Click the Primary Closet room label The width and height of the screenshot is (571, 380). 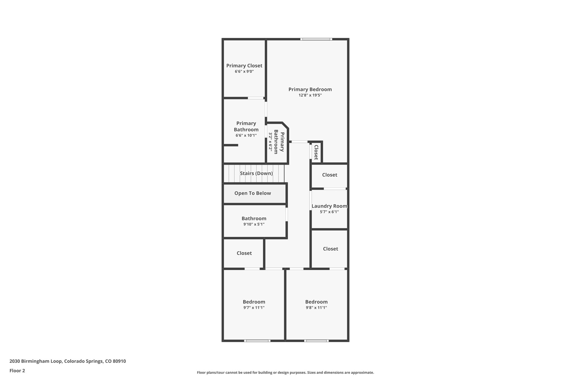(244, 66)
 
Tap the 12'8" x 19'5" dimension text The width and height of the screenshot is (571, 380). (310, 95)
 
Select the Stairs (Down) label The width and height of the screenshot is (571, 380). (256, 173)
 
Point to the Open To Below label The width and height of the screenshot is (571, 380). (253, 193)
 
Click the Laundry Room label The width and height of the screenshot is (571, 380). (329, 206)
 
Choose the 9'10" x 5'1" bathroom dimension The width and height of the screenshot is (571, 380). (254, 224)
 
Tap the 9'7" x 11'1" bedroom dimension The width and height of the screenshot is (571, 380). (254, 308)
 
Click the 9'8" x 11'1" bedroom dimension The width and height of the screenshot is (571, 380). (316, 308)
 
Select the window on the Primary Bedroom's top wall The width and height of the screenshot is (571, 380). (316, 39)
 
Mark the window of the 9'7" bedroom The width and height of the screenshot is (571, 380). (257, 340)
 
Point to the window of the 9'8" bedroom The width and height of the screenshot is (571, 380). (316, 340)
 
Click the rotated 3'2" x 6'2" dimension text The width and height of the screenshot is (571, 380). (270, 141)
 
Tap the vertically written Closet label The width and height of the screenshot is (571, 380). (316, 152)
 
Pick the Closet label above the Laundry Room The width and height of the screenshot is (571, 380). (330, 175)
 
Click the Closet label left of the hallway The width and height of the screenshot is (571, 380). (244, 253)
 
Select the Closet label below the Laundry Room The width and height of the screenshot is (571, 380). (330, 249)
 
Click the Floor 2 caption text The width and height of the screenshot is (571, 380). (17, 371)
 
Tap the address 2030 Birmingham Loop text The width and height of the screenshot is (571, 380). (67, 361)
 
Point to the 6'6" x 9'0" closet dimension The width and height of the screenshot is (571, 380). (244, 72)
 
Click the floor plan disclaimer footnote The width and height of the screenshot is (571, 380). (285, 372)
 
